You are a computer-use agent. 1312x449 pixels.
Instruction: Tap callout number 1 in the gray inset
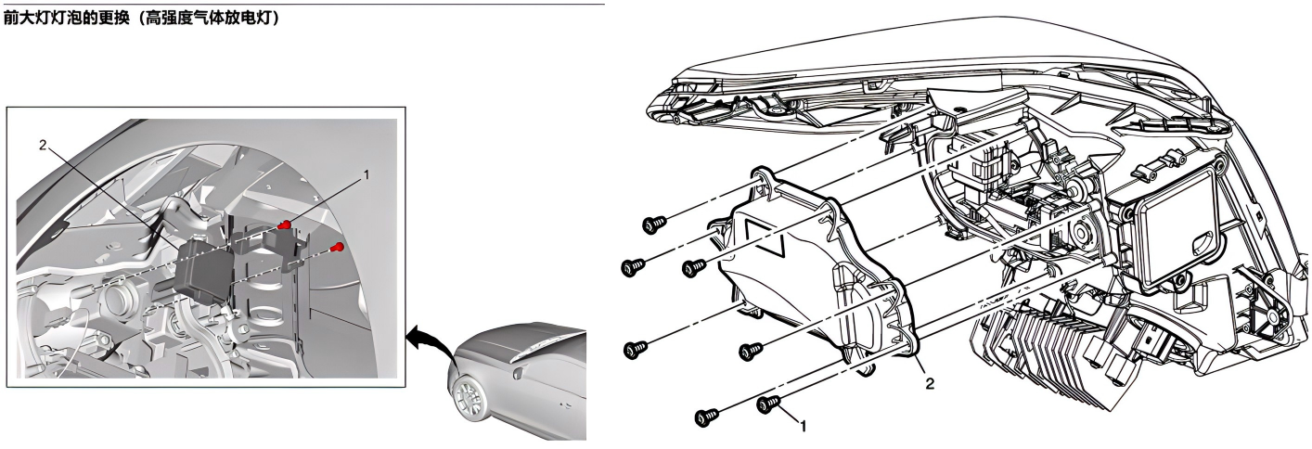point(367,175)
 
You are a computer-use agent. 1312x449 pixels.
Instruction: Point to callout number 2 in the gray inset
point(42,145)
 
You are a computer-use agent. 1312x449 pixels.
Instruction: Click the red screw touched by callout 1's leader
point(285,224)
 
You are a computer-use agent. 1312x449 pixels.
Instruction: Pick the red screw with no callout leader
point(336,247)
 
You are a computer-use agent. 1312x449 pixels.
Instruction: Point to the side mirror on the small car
point(518,371)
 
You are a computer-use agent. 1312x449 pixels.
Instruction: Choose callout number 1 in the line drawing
point(803,426)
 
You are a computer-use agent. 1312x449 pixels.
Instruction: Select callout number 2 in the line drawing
point(929,383)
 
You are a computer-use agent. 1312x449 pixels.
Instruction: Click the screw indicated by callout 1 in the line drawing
point(768,404)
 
